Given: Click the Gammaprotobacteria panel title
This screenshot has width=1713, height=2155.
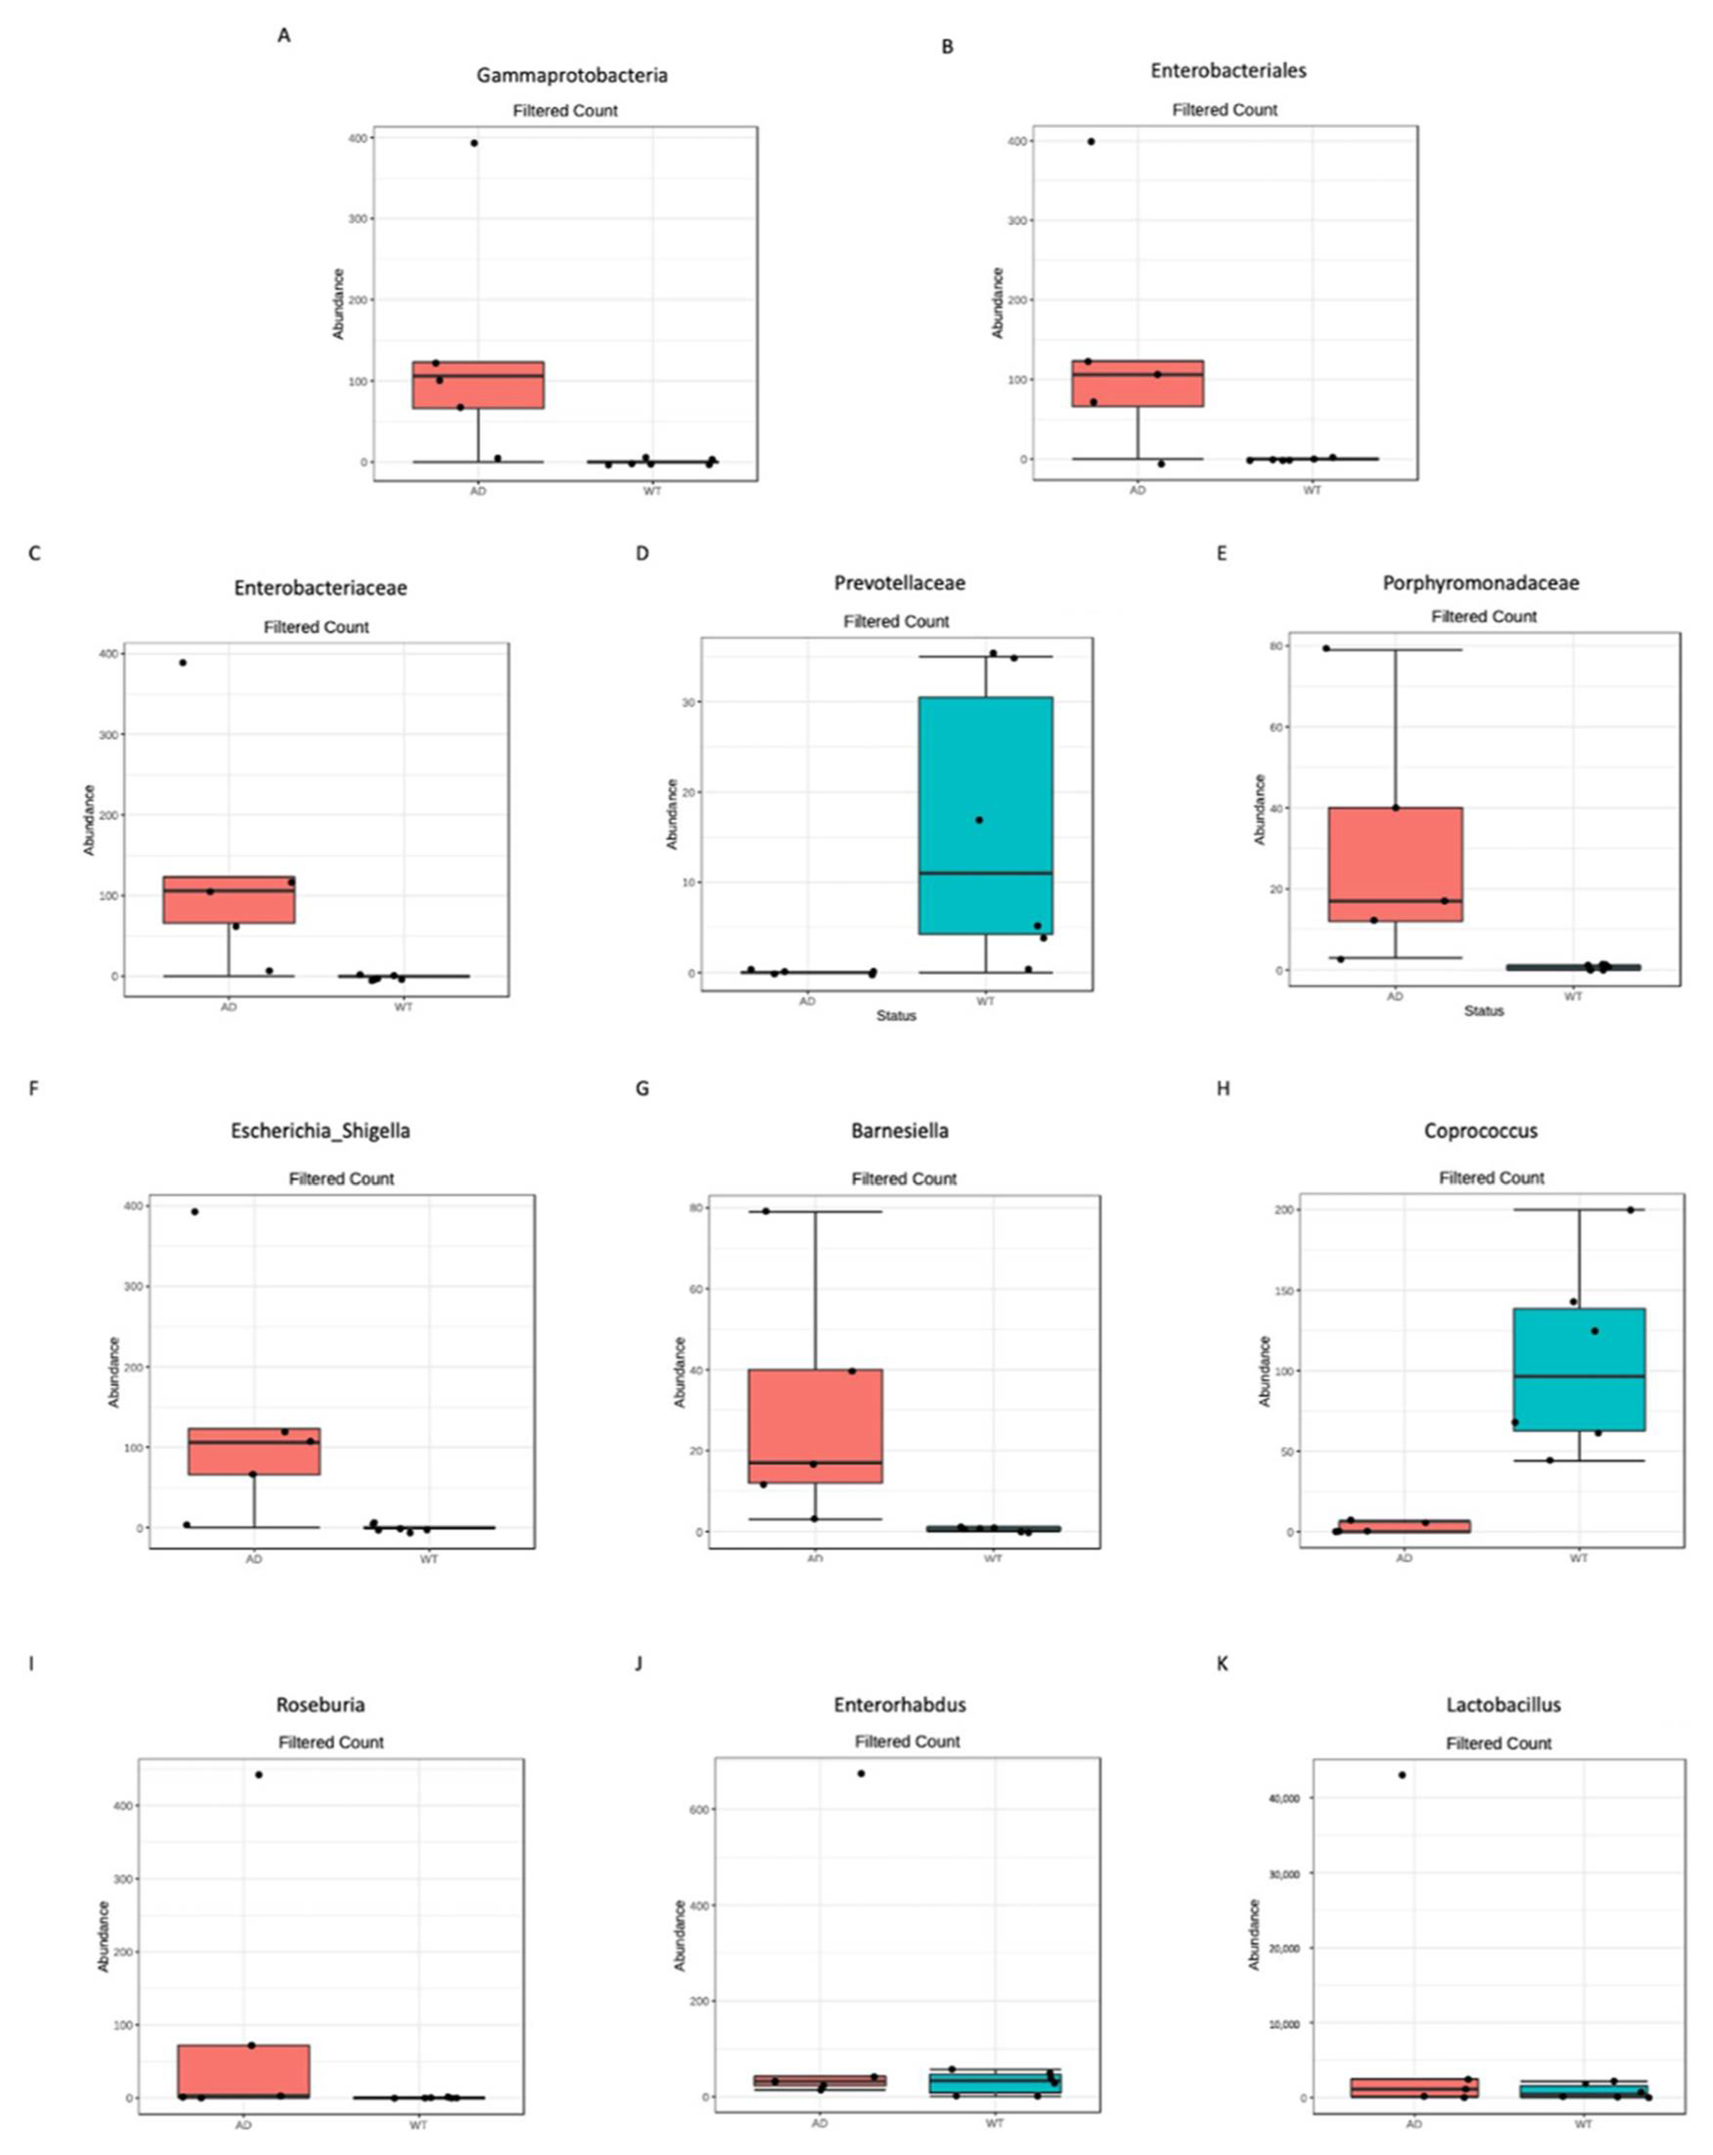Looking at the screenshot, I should click(x=572, y=75).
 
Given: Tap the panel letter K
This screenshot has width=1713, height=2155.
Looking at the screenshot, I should click(x=1221, y=1663).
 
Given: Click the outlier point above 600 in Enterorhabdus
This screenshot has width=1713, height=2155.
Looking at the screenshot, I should click(x=860, y=1773).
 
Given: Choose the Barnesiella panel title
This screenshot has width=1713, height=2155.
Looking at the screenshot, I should click(x=899, y=1130).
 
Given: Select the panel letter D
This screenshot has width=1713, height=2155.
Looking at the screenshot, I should click(x=642, y=553).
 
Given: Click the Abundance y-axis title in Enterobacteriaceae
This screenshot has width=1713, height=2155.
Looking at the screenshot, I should click(x=89, y=820).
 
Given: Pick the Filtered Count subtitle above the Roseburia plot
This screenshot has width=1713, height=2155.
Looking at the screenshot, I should click(x=331, y=1742).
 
